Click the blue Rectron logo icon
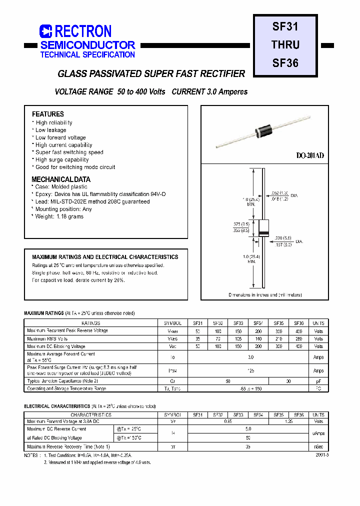pyautogui.click(x=46, y=31)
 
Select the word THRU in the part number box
pyautogui.click(x=285, y=45)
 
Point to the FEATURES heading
pyautogui.click(x=48, y=114)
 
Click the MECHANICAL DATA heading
pyautogui.click(x=61, y=179)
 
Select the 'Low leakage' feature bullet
pyautogui.click(x=50, y=130)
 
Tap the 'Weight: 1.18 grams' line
pyautogui.click(x=59, y=216)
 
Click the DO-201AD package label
pyautogui.click(x=310, y=156)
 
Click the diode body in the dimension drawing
pyautogui.click(x=263, y=228)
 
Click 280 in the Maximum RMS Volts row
pyautogui.click(x=298, y=339)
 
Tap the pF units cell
pyautogui.click(x=318, y=381)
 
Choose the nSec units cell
pyautogui.click(x=318, y=446)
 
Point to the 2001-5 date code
pyautogui.click(x=322, y=455)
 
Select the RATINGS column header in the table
pyautogui.click(x=90, y=323)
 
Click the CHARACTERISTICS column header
pyautogui.click(x=90, y=415)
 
